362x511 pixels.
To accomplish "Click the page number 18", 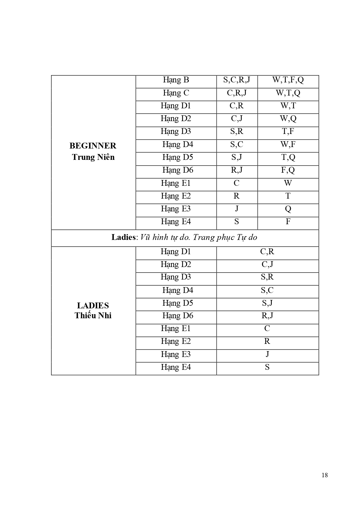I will tap(324, 475).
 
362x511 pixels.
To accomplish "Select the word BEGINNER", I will tap(93, 146).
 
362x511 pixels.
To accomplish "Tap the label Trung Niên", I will tap(93, 157).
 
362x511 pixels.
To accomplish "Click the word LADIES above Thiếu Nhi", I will tap(93, 305).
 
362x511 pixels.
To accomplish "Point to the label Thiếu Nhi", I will tap(93, 316).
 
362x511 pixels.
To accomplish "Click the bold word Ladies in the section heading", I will tap(123, 237).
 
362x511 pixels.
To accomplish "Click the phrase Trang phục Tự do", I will tap(225, 237).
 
